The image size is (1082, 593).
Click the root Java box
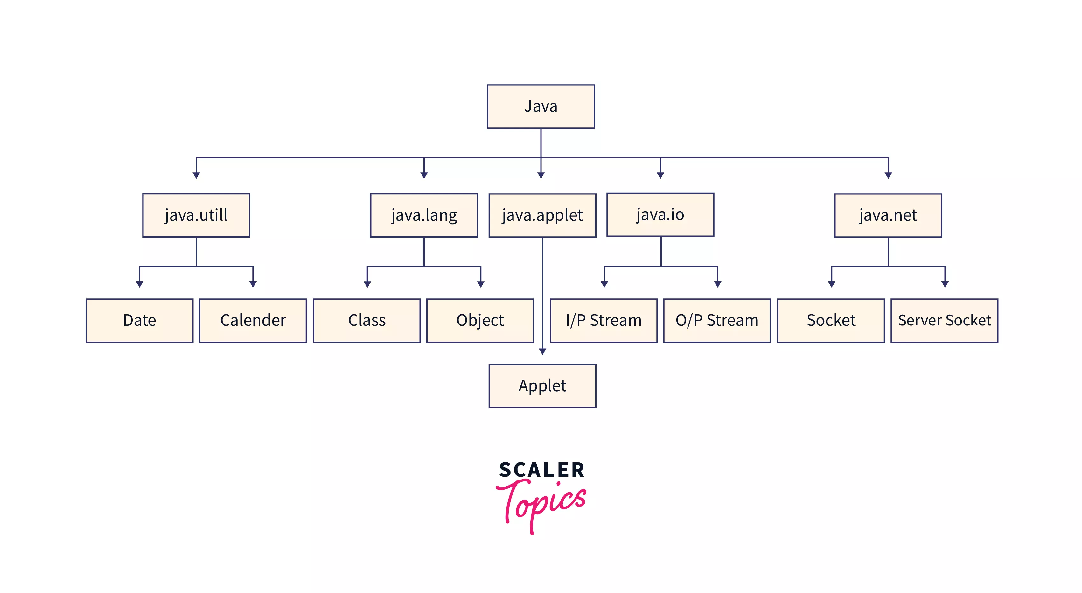[541, 106]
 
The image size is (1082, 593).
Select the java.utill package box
[196, 215]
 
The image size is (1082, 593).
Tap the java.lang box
[424, 215]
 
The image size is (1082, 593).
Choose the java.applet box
[542, 215]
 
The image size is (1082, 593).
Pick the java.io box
[660, 215]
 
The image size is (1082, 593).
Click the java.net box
[888, 215]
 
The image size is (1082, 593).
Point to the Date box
[139, 321]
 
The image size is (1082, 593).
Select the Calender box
[253, 321]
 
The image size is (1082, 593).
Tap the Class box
[367, 321]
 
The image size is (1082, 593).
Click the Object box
[480, 321]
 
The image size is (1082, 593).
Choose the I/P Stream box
[604, 321]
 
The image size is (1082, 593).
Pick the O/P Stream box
[717, 321]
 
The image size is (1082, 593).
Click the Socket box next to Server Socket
[831, 321]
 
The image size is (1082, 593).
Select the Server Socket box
[944, 321]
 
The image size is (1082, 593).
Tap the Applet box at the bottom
[542, 386]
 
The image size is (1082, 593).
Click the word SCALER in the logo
[542, 470]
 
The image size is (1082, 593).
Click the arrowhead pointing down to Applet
[542, 351]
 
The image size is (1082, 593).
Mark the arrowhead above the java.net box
[888, 175]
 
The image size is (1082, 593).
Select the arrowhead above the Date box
[139, 284]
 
